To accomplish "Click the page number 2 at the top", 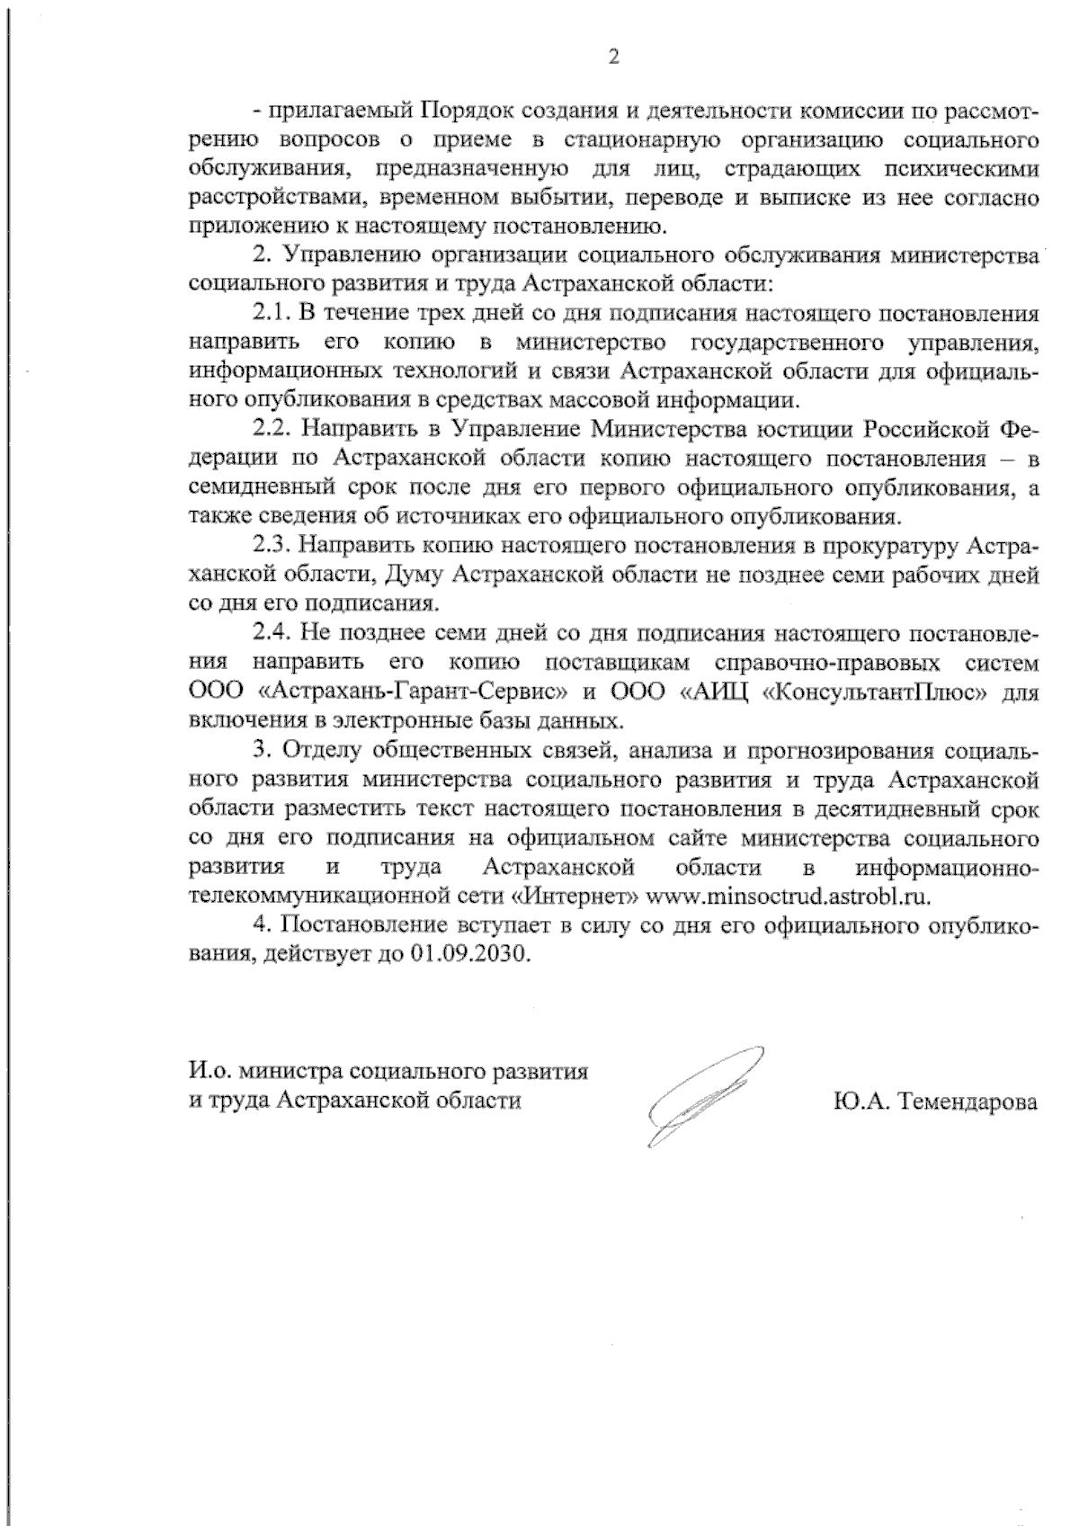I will coord(614,58).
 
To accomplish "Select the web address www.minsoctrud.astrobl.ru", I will coord(789,897).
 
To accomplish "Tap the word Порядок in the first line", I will coord(453,111).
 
